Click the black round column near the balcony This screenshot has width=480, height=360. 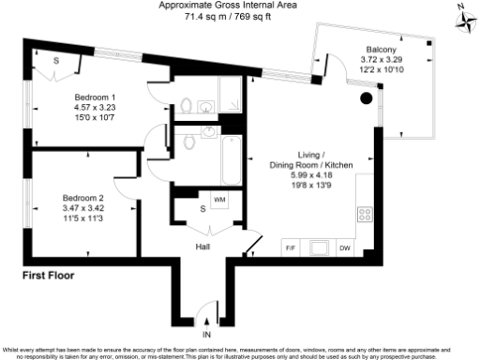pos(367,97)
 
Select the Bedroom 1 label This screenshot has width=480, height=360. pos(95,97)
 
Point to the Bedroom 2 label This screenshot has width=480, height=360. pos(82,198)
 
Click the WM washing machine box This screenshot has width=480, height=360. pos(219,200)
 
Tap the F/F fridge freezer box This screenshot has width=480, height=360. pos(290,248)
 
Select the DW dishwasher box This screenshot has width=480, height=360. pos(345,248)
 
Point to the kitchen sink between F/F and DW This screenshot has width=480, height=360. pos(318,248)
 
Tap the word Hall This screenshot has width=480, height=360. pos(202,247)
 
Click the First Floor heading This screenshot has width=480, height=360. pos(48,277)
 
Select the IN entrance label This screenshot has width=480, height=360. pos(207,334)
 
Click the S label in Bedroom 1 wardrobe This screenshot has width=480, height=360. pos(57,62)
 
